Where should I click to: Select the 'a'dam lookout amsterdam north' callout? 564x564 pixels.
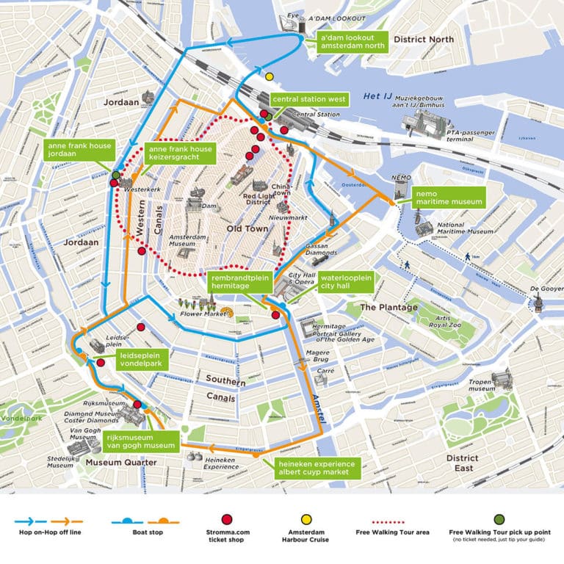352,41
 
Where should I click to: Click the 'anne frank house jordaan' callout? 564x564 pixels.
80,151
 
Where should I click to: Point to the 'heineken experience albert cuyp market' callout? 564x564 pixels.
316,469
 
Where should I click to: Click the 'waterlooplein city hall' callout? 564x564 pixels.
346,283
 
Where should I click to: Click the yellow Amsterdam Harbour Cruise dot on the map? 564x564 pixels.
270,76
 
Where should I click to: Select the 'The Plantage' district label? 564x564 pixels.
388,308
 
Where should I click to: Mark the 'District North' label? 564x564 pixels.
424,39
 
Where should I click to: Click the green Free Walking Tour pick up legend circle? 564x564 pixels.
499,519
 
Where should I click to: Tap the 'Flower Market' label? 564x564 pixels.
202,314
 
